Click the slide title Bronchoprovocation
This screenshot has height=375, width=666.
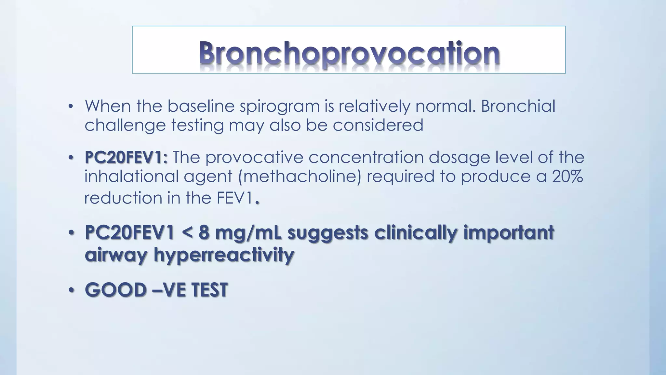point(349,53)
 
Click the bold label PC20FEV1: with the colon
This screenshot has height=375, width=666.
point(126,158)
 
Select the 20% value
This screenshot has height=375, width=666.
point(567,177)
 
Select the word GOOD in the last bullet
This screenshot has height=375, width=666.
point(115,290)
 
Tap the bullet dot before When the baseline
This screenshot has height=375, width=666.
point(71,107)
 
